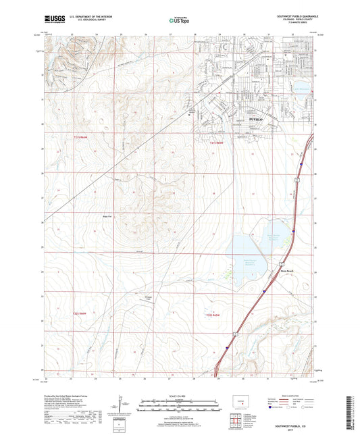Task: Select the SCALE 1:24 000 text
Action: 179,395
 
